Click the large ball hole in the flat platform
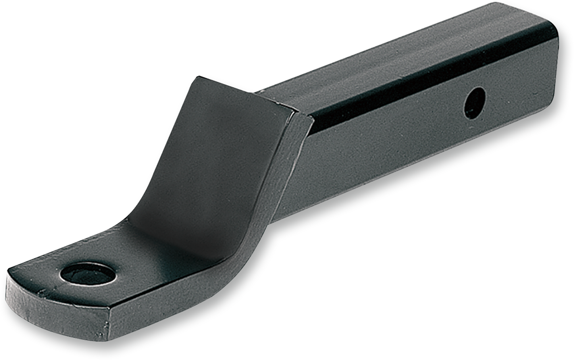click(88, 274)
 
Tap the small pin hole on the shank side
click(475, 103)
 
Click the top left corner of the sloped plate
click(197, 78)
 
